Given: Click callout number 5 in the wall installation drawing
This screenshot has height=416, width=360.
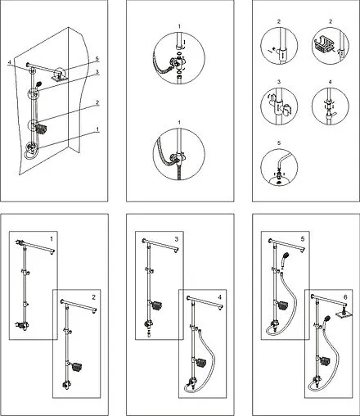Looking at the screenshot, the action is pos(97,59).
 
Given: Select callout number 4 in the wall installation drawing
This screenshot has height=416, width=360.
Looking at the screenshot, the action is pos(10,63).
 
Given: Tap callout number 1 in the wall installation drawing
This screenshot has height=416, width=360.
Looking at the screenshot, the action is pos(97,129).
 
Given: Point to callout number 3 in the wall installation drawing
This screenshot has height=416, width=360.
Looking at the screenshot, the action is pos(97,72).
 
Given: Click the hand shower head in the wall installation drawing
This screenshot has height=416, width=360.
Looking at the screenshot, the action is pos(38,84).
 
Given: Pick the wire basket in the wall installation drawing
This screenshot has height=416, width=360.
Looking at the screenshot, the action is pos(41,129).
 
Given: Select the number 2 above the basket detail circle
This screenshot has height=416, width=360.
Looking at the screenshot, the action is pos(331,21).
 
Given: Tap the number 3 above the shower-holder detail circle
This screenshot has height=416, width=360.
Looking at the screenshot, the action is pos(279,82).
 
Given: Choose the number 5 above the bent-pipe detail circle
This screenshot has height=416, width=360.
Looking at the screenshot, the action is pos(279,142).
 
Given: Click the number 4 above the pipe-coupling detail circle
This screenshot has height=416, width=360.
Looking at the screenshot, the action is pos(331,82).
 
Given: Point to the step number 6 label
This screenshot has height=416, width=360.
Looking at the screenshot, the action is pos(345,297).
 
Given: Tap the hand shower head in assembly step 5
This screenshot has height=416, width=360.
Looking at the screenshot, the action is pos(285,258).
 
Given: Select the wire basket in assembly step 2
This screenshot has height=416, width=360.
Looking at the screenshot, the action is pos(77,366).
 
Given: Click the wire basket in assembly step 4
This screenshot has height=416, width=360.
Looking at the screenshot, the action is pos(202,362).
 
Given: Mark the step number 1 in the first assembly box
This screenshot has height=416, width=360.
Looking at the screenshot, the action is pos(52,239).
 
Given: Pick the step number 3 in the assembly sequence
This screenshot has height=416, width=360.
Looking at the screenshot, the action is pos(177,239).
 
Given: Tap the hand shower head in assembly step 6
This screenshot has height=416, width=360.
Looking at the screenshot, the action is pos(326,319).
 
